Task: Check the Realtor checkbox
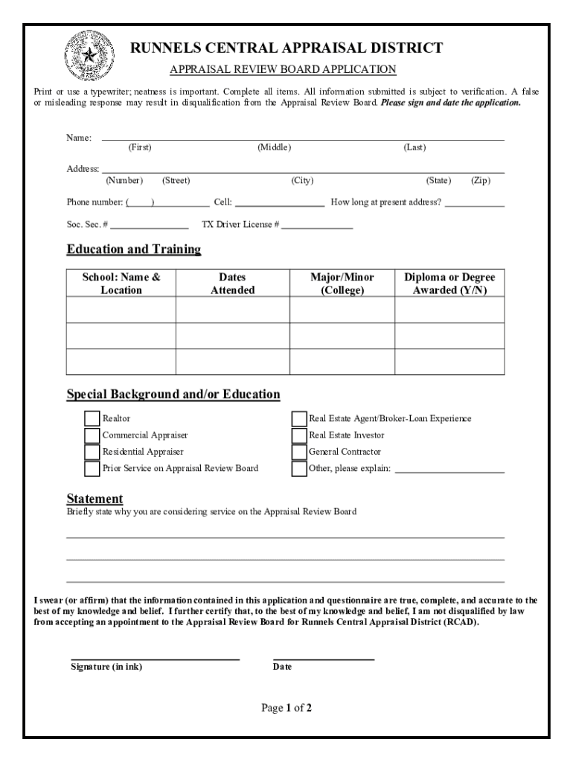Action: click(x=92, y=419)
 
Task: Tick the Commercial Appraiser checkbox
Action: click(x=92, y=435)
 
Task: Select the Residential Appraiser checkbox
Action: click(x=92, y=452)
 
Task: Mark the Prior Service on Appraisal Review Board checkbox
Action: click(x=92, y=469)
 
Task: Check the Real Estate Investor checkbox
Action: click(x=298, y=435)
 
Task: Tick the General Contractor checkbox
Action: click(x=298, y=452)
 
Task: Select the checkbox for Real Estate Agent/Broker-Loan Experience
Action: click(x=298, y=419)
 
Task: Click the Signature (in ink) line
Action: click(x=155, y=657)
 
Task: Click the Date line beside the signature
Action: click(x=323, y=657)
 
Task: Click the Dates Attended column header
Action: click(x=232, y=284)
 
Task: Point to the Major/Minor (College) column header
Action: click(x=342, y=284)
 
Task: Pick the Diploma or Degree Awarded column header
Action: click(x=449, y=284)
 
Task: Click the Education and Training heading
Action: click(x=134, y=249)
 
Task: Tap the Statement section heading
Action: click(x=95, y=499)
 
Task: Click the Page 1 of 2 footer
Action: click(x=286, y=708)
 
